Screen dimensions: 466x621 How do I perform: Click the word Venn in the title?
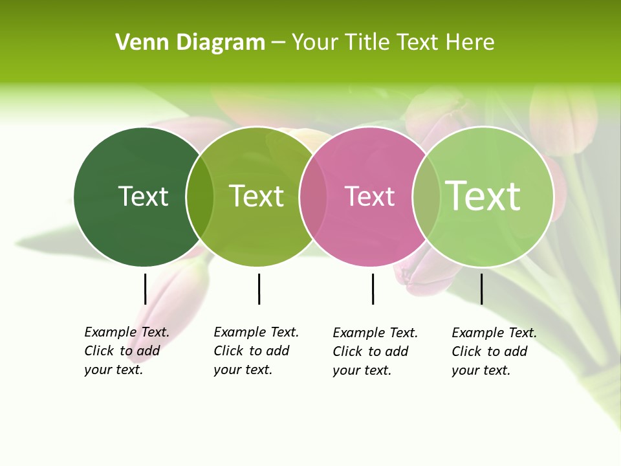[x=138, y=43]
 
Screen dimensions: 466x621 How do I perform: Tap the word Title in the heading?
[x=367, y=43]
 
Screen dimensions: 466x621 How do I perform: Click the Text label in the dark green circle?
[x=143, y=196]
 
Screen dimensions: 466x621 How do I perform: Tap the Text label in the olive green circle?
[x=256, y=196]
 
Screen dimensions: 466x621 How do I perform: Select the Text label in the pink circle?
[x=369, y=197]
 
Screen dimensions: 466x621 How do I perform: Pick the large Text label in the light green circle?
[x=483, y=195]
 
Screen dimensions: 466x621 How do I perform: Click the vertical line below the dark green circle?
[x=145, y=289]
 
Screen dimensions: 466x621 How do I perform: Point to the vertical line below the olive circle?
[x=259, y=289]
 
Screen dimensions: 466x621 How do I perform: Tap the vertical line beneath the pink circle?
[x=373, y=289]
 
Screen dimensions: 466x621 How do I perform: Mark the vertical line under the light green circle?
[x=481, y=289]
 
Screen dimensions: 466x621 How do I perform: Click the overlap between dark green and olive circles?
[x=200, y=196]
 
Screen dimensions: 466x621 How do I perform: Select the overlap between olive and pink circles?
[x=312, y=196]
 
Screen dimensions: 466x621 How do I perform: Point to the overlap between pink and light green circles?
[x=426, y=196]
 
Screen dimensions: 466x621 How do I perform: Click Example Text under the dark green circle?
[x=126, y=332]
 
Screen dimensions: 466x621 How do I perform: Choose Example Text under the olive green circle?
[x=256, y=332]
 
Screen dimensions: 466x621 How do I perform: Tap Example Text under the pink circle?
[x=375, y=333]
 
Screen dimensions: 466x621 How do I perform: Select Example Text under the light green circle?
[x=494, y=333]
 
